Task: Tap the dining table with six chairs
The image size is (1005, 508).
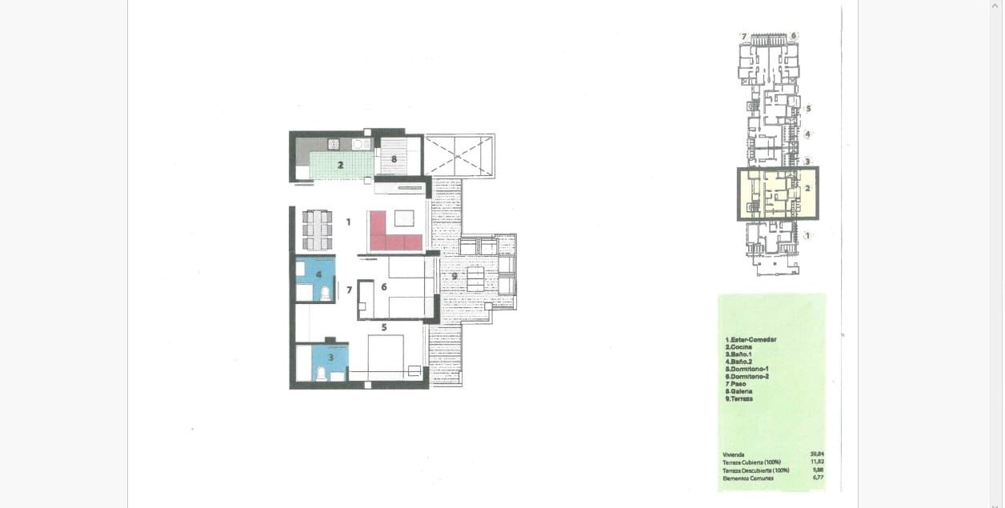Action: [318, 230]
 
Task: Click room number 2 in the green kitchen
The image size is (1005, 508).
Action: [340, 165]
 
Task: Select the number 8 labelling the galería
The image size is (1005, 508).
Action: [394, 159]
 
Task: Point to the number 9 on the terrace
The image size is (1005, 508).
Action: [454, 276]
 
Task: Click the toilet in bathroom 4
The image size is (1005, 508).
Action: [326, 294]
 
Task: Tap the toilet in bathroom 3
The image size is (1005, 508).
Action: [321, 372]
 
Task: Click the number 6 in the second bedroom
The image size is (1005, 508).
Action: [384, 286]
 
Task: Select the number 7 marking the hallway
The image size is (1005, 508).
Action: [349, 290]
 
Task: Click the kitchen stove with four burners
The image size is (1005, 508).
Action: [334, 145]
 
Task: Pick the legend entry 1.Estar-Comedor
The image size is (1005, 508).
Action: [751, 339]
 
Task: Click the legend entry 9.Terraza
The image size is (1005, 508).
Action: [739, 398]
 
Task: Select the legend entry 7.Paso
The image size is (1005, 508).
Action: [735, 384]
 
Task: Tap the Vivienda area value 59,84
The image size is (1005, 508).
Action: [816, 454]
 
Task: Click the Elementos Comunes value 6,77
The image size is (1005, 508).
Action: [818, 478]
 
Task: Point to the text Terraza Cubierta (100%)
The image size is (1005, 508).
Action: [751, 462]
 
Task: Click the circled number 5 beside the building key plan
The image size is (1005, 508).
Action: [808, 109]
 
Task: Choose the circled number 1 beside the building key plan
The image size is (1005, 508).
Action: [807, 235]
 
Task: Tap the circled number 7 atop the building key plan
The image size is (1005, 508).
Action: [743, 37]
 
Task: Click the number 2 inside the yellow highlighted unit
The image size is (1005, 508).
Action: [807, 189]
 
